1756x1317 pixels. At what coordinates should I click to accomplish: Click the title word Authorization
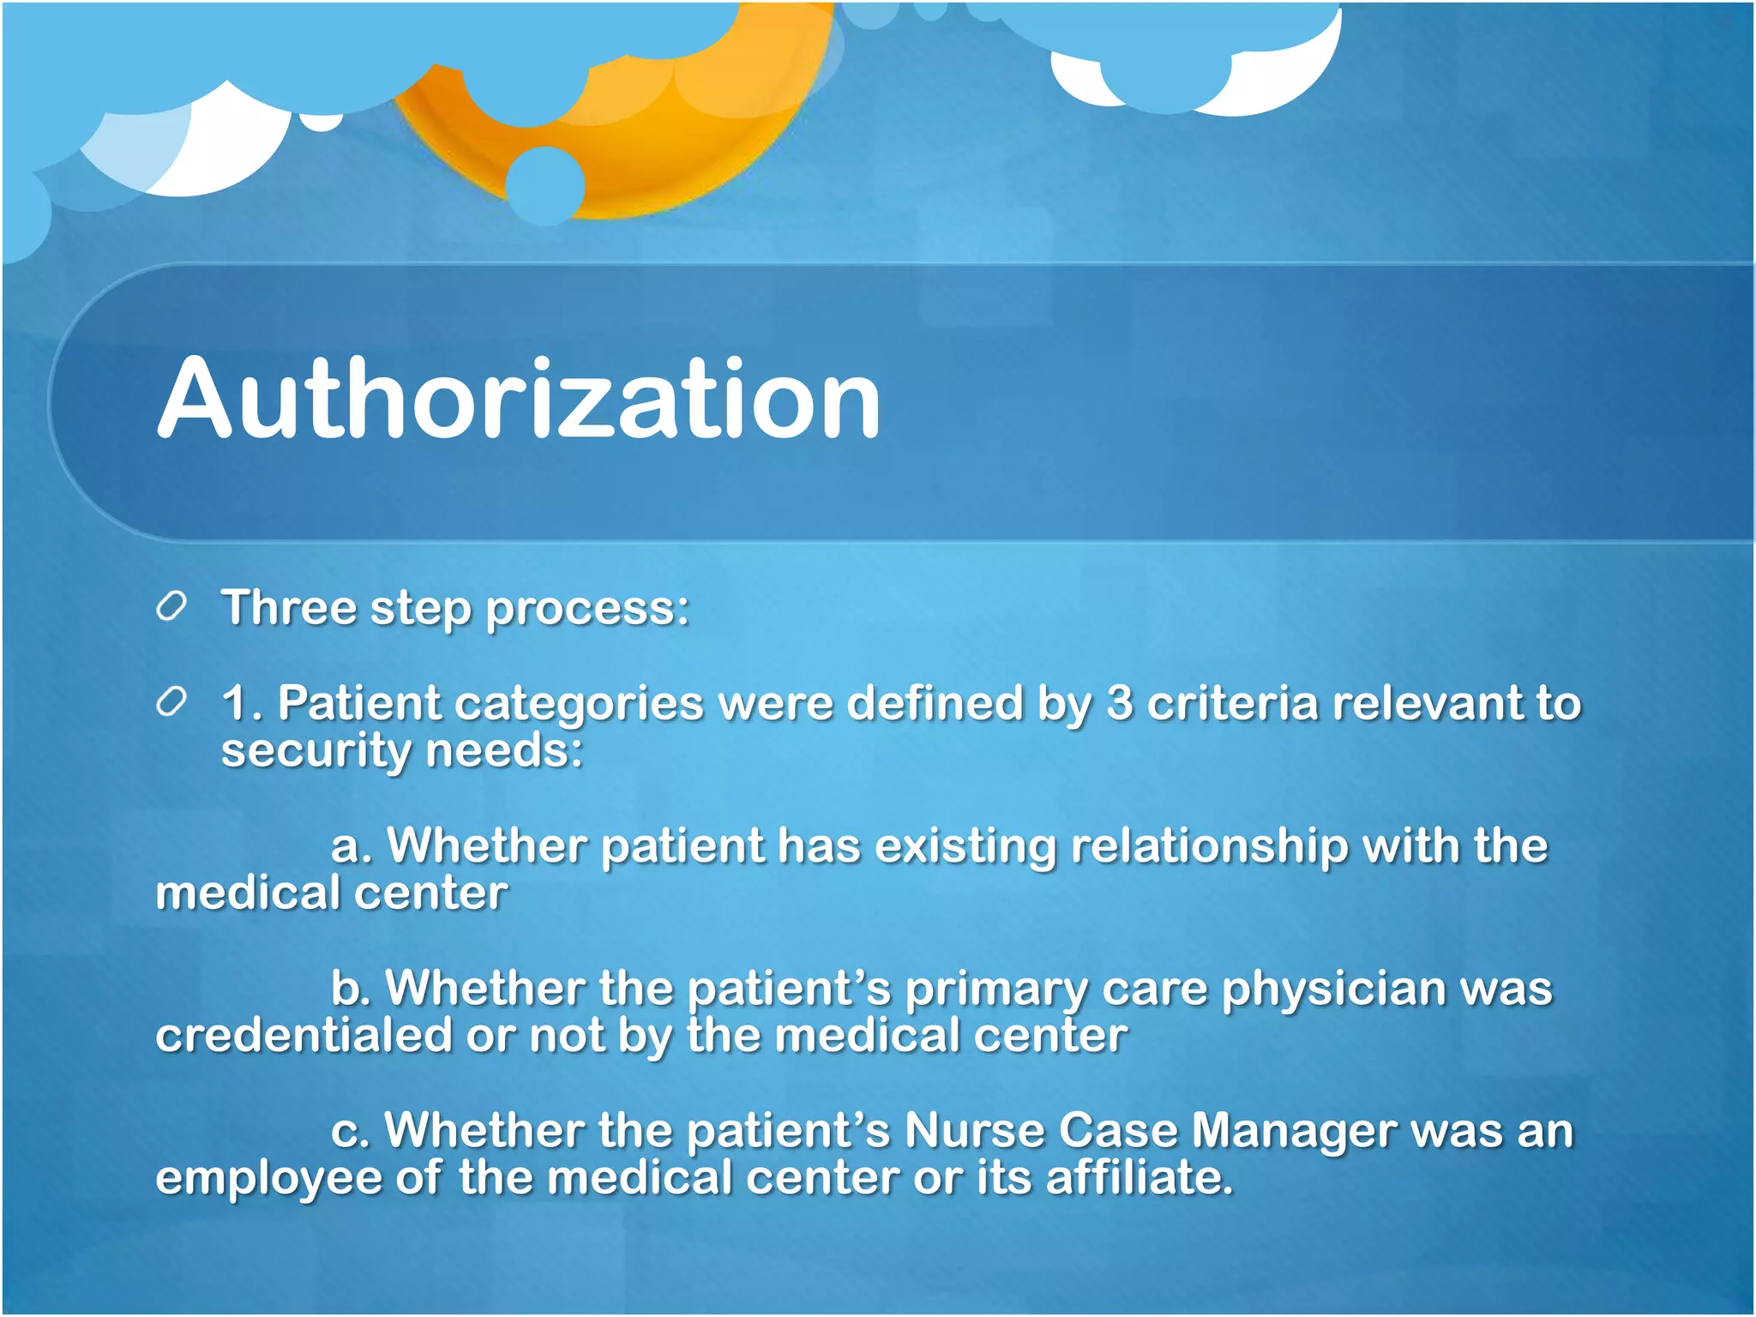(x=519, y=399)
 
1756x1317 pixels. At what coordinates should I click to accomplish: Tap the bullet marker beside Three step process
(x=171, y=607)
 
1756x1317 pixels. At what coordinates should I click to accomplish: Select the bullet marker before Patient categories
(x=171, y=703)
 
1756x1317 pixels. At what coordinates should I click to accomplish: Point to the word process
(x=586, y=610)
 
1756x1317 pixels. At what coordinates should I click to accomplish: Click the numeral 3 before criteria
(x=1119, y=703)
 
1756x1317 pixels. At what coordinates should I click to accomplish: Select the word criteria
(x=1231, y=703)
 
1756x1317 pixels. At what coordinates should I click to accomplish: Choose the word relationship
(x=1209, y=847)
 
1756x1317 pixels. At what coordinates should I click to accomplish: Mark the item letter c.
(x=348, y=1132)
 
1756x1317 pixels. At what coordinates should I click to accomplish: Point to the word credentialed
(x=304, y=1035)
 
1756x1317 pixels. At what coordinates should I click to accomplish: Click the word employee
(x=269, y=1179)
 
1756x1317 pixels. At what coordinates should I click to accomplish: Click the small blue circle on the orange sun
(x=545, y=185)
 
